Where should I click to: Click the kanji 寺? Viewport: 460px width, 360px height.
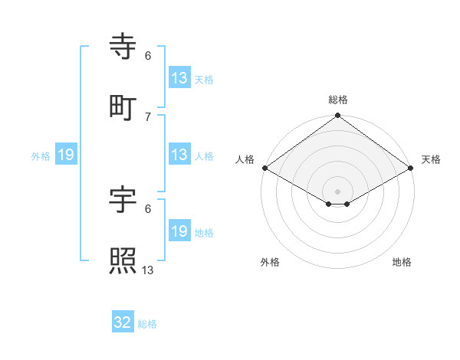[x=123, y=48]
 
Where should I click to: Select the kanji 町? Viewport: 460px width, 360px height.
[x=123, y=109]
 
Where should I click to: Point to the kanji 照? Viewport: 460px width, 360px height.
[x=123, y=260]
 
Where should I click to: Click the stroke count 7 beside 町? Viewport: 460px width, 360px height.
[x=147, y=116]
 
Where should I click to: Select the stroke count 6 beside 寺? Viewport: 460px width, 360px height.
[x=147, y=56]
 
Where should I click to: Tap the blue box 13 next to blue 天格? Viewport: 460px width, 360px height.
[x=179, y=78]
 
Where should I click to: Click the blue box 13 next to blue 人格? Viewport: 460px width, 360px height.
[x=179, y=155]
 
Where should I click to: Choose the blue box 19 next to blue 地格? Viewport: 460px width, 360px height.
[x=179, y=231]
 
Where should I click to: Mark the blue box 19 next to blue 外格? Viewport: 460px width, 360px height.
[x=66, y=155]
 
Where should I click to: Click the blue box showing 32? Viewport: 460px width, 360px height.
[x=123, y=322]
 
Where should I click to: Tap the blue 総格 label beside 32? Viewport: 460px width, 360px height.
[x=147, y=324]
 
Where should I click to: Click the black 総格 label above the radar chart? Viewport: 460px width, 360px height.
[x=338, y=100]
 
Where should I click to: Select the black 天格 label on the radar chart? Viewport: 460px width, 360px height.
[x=431, y=159]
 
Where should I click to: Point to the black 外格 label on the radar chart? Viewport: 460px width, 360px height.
[x=270, y=262]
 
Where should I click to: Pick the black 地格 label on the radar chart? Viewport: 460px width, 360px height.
[x=402, y=262]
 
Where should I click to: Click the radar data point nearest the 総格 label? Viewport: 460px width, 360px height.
[x=337, y=116]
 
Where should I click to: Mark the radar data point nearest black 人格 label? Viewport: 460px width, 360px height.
[x=264, y=168]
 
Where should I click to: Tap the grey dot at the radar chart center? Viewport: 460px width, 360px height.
[x=337, y=190]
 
